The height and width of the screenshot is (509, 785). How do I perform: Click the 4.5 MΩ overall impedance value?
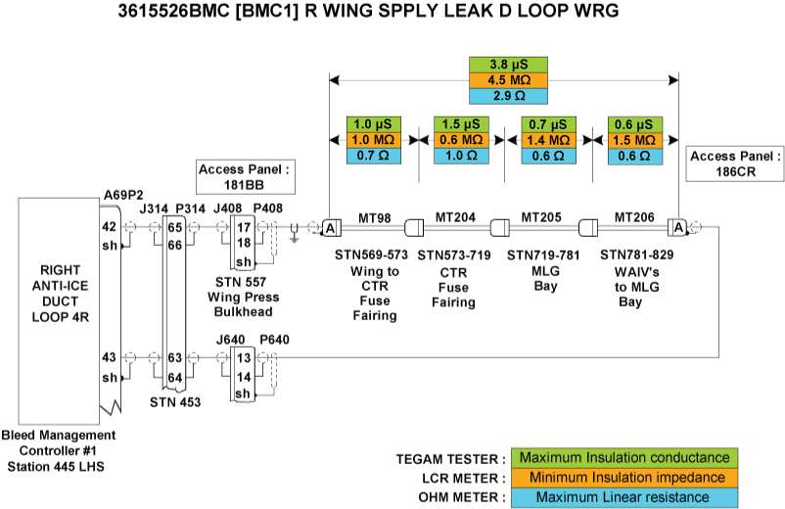pyautogui.click(x=504, y=81)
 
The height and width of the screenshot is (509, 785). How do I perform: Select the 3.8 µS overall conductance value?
pyautogui.click(x=504, y=66)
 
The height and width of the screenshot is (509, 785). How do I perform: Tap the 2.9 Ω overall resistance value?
pyautogui.click(x=504, y=97)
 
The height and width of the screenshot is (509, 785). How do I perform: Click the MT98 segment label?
pyautogui.click(x=375, y=216)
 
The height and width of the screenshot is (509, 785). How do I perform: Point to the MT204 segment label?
pyautogui.click(x=456, y=216)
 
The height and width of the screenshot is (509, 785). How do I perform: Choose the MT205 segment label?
pyautogui.click(x=541, y=216)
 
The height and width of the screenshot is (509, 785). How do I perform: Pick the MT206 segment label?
pyautogui.click(x=633, y=216)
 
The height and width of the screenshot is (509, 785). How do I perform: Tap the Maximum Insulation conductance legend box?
pyautogui.click(x=623, y=458)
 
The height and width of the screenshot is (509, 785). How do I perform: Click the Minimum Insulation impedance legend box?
pyautogui.click(x=623, y=478)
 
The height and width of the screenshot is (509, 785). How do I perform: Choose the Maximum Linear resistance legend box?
pyautogui.click(x=623, y=497)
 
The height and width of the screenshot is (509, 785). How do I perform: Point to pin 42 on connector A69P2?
pyautogui.click(x=110, y=226)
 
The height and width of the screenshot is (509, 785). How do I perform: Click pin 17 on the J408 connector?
pyautogui.click(x=243, y=227)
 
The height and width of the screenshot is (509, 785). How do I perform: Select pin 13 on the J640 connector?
pyautogui.click(x=243, y=359)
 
